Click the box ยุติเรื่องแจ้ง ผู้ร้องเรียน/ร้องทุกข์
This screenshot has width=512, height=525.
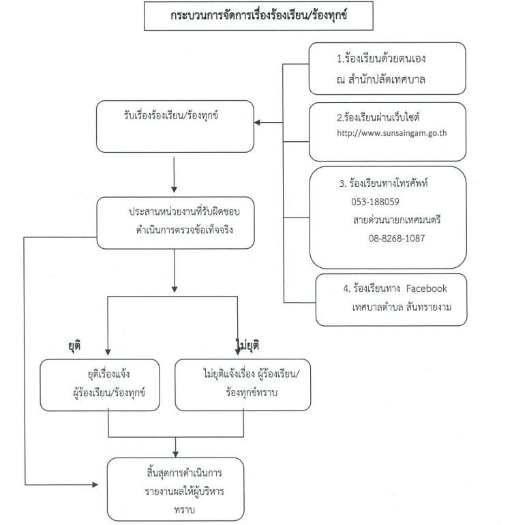pyautogui.click(x=109, y=385)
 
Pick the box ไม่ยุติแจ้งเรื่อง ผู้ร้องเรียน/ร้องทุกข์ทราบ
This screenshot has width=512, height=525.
pyautogui.click(x=244, y=385)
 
